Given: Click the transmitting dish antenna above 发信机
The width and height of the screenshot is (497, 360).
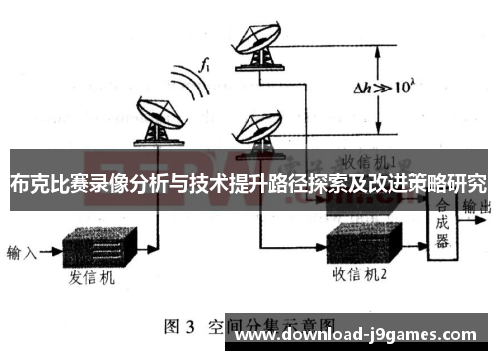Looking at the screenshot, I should [x=156, y=120].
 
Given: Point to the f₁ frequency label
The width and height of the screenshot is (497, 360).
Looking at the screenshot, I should [x=205, y=67].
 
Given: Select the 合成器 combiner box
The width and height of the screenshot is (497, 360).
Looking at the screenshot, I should [x=442, y=224].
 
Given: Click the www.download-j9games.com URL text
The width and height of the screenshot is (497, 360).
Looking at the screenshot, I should [x=359, y=336].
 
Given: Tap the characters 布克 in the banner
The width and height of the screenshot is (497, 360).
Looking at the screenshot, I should [x=29, y=183].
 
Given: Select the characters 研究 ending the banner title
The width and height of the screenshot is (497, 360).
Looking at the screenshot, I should [x=466, y=183].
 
